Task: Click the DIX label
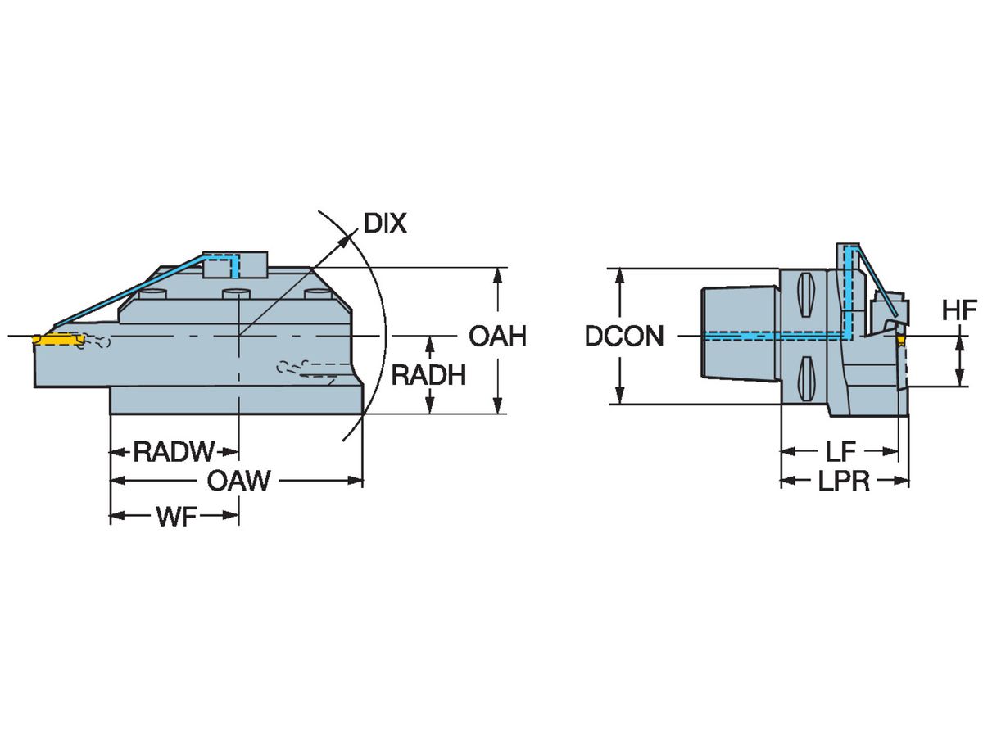(x=384, y=223)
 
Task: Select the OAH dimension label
(x=496, y=336)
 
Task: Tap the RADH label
(x=428, y=375)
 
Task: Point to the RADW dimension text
(x=174, y=451)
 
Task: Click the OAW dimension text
(x=238, y=481)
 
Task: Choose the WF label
(x=174, y=516)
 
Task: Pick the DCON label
(x=624, y=337)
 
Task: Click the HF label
(x=958, y=310)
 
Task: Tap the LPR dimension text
(x=844, y=482)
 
